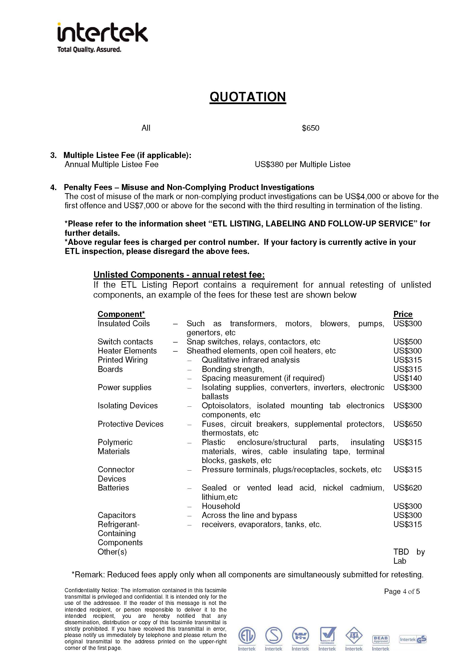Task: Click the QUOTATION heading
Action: (x=248, y=97)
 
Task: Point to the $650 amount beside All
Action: (x=310, y=128)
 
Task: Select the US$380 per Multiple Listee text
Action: (x=302, y=164)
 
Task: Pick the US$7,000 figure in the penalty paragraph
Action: (x=141, y=206)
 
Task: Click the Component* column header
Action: (x=121, y=314)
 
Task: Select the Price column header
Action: (x=403, y=314)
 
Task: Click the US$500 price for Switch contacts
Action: (x=407, y=342)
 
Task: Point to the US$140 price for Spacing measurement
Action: (x=407, y=378)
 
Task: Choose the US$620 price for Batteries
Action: (x=407, y=488)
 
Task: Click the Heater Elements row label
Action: (x=127, y=351)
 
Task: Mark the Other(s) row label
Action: (x=112, y=552)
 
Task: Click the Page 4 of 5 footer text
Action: (x=401, y=591)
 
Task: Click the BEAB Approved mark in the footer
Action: (x=380, y=639)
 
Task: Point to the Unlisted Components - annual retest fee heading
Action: (x=179, y=275)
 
